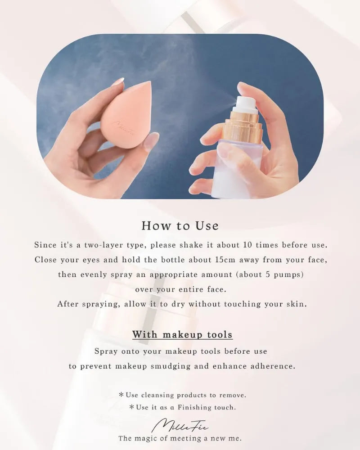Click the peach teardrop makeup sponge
click(126, 115)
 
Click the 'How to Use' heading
click(180, 225)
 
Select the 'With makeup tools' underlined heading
click(182, 334)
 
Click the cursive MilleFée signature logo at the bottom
click(180, 425)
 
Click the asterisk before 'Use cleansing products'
click(121, 395)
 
